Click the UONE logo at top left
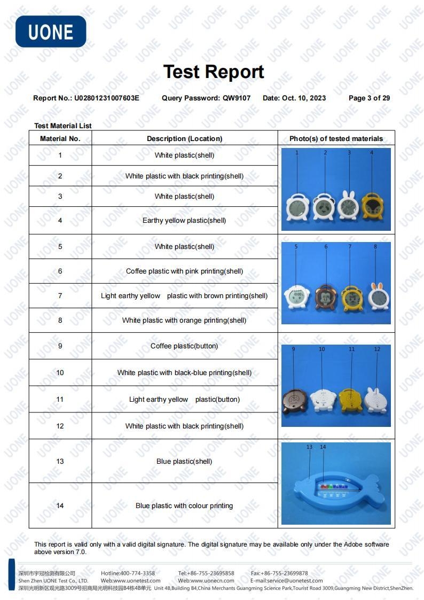tap(51, 32)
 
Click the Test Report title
tap(213, 72)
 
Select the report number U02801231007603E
tap(106, 98)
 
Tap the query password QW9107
tap(237, 98)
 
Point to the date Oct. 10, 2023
tap(303, 98)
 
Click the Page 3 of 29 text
tap(369, 98)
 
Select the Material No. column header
tap(60, 138)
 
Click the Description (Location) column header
tap(184, 138)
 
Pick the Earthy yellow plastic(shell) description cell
tap(184, 220)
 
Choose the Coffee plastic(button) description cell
tap(184, 346)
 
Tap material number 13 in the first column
tap(60, 461)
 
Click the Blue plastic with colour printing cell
tap(184, 505)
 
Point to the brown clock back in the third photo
tap(295, 400)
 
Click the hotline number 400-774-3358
tap(137, 573)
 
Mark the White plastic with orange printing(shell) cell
tap(184, 320)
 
